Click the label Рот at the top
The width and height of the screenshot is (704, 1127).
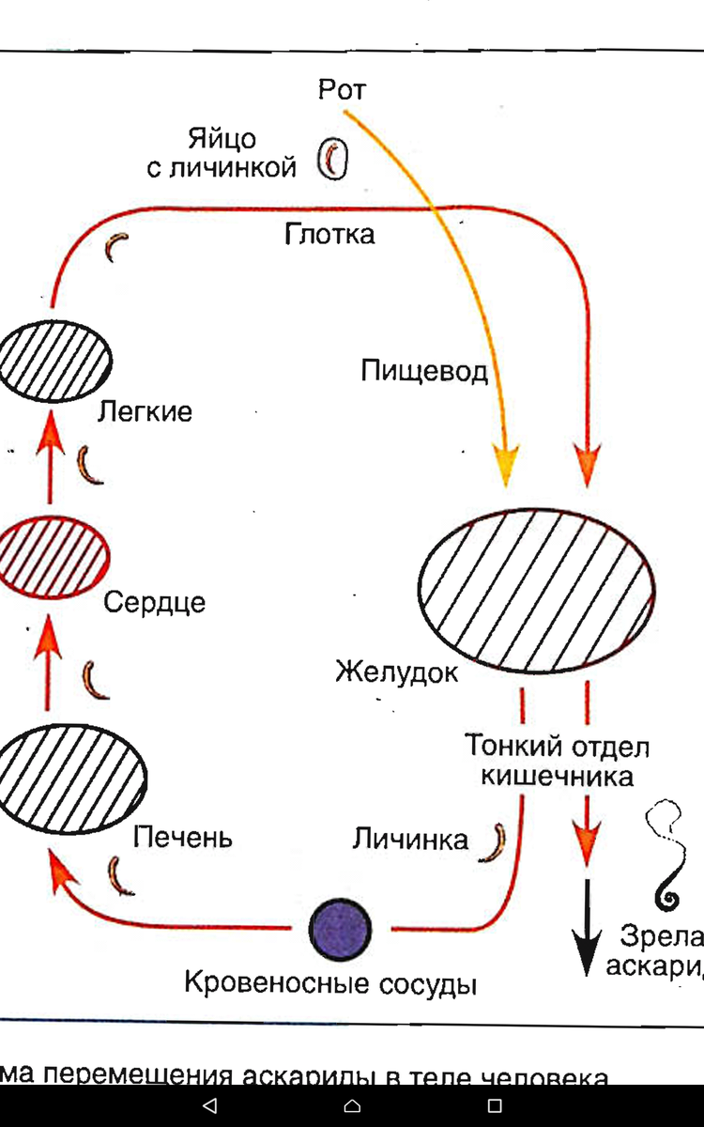(342, 90)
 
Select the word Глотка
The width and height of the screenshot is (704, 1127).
(329, 234)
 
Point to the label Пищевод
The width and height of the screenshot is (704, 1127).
(424, 372)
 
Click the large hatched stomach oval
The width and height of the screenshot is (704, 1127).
(535, 590)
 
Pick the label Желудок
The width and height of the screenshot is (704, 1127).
(397, 672)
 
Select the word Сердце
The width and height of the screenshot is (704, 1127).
(154, 602)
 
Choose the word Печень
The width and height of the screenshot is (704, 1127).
(182, 836)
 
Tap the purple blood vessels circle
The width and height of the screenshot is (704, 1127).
(341, 928)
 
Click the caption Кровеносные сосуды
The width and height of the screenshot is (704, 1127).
(330, 984)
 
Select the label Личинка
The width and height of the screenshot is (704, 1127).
(410, 839)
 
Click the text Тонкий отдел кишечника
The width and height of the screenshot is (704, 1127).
(558, 762)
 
